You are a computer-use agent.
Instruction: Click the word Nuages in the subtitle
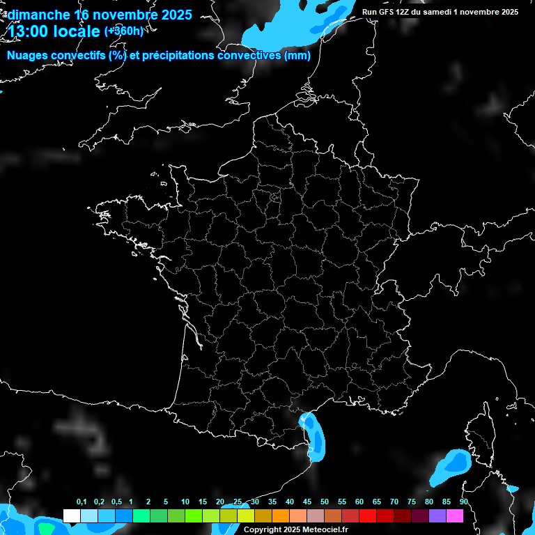pyautogui.click(x=30, y=56)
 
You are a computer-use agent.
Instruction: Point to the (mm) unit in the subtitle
pyautogui.click(x=297, y=56)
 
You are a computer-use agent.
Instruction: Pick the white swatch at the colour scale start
pyautogui.click(x=71, y=516)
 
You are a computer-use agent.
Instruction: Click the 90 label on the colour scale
pyautogui.click(x=463, y=502)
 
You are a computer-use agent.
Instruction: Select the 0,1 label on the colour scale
pyautogui.click(x=82, y=502)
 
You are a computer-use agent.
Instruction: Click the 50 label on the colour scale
pyautogui.click(x=325, y=502)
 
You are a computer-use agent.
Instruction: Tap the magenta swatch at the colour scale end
pyautogui.click(x=455, y=516)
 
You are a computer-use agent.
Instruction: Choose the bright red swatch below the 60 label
pyautogui.click(x=368, y=516)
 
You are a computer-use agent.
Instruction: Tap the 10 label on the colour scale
pyautogui.click(x=185, y=502)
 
